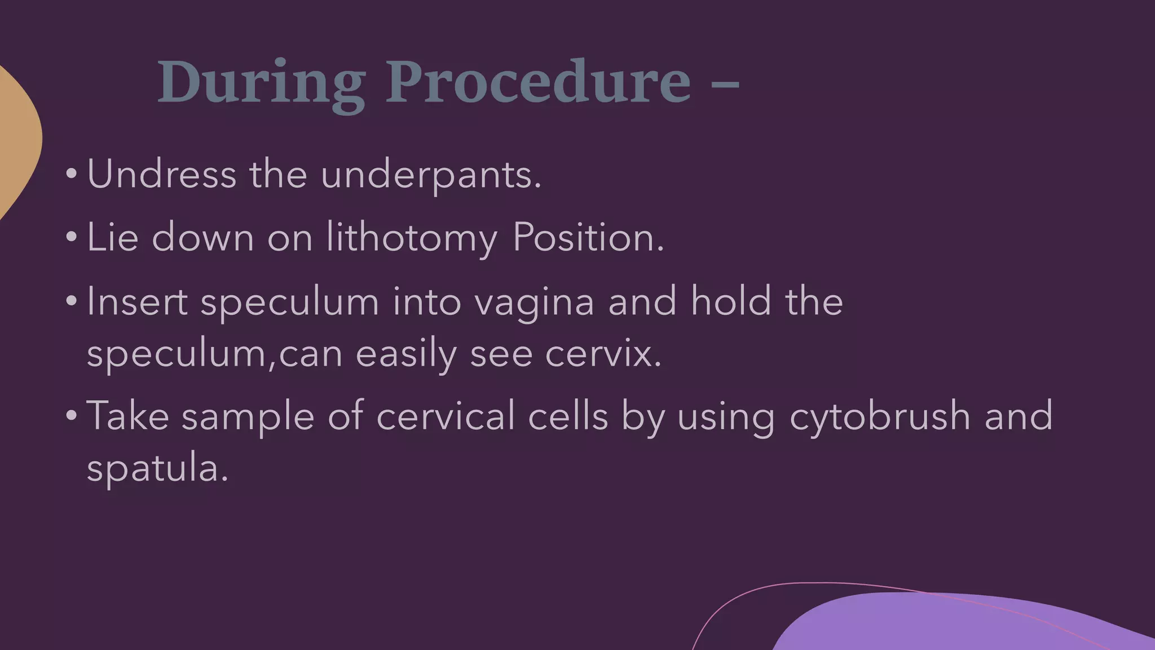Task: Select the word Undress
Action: [x=161, y=174]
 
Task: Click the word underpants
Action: [x=431, y=175]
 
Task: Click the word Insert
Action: [x=137, y=301]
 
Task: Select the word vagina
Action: [x=534, y=302]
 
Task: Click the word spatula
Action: [x=157, y=469]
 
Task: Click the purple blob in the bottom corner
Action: [x=959, y=623]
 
